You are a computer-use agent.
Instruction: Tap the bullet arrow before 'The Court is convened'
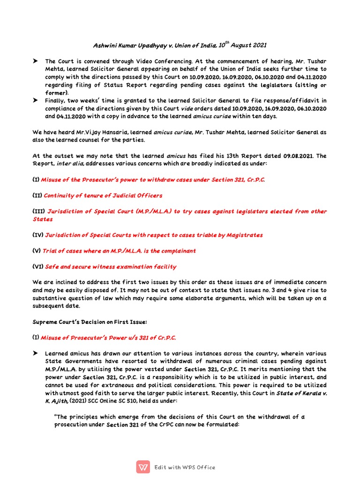click(36, 61)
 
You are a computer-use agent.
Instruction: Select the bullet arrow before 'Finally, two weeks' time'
click(36, 100)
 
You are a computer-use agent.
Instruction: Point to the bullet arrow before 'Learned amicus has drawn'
click(36, 353)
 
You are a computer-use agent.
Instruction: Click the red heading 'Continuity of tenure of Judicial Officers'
click(103, 195)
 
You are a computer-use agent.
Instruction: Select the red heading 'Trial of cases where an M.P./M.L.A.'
click(119, 251)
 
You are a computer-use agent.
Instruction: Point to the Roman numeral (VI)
click(37, 267)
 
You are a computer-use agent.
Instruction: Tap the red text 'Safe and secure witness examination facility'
click(111, 267)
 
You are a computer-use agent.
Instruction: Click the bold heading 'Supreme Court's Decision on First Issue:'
click(90, 322)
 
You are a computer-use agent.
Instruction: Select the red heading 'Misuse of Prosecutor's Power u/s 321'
click(108, 337)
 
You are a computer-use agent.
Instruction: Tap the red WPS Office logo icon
click(143, 467)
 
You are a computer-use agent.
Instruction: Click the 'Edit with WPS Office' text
click(185, 467)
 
